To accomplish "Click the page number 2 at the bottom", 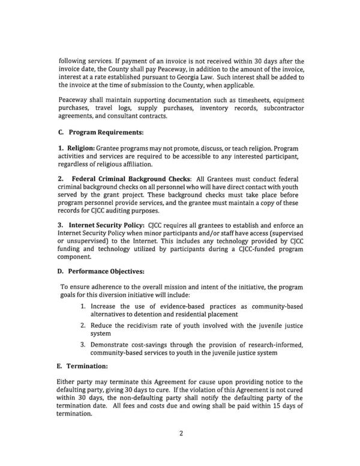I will (x=180, y=447).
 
